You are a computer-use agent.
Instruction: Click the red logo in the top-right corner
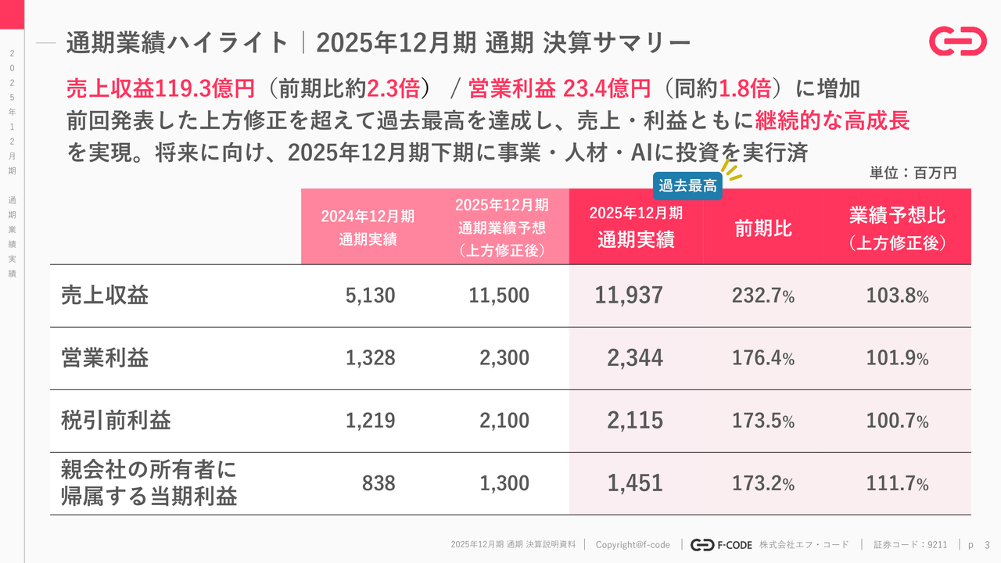[x=957, y=41]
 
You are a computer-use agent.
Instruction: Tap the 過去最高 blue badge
[x=687, y=186]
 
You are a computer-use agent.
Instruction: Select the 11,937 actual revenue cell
[x=629, y=296]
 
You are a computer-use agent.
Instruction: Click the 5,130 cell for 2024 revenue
[x=371, y=296]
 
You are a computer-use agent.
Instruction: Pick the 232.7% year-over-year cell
[x=763, y=296]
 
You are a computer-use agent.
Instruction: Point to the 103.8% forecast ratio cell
[x=897, y=296]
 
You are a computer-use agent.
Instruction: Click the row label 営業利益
[x=105, y=358]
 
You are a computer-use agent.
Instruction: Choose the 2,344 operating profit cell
[x=634, y=358]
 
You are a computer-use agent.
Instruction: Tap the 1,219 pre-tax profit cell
[x=371, y=421]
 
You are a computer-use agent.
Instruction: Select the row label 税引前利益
[x=116, y=421]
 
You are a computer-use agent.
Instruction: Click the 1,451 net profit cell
[x=634, y=483]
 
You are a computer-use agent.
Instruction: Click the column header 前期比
[x=762, y=228]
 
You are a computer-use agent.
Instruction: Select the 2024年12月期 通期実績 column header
[x=368, y=228]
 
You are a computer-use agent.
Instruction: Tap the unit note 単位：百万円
[x=913, y=173]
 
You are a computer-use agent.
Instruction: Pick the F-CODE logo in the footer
[x=722, y=544]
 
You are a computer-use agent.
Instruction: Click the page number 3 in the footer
[x=987, y=544]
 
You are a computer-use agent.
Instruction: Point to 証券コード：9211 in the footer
[x=910, y=544]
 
